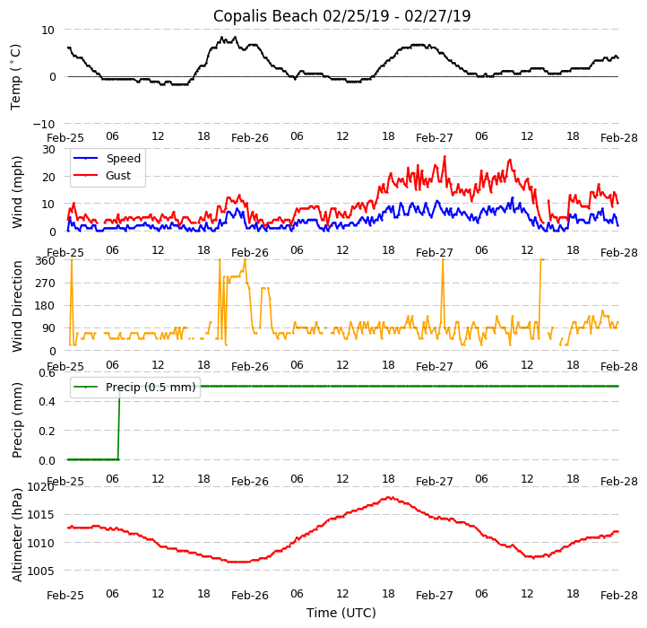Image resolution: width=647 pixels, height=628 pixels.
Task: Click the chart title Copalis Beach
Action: point(341,16)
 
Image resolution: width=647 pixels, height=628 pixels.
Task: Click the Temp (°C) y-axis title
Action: point(16,76)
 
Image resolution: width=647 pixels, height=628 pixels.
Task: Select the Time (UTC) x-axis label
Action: point(341,613)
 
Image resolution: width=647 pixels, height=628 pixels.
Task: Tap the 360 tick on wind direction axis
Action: point(45,260)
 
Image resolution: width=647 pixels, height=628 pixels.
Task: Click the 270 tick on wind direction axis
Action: point(45,283)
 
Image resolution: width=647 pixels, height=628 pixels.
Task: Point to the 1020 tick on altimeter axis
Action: point(41,487)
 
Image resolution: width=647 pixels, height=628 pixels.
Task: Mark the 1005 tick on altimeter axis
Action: point(41,571)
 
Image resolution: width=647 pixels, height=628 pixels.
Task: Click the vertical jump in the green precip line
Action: point(119,423)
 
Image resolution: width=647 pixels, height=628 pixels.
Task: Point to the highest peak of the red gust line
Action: point(444,157)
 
